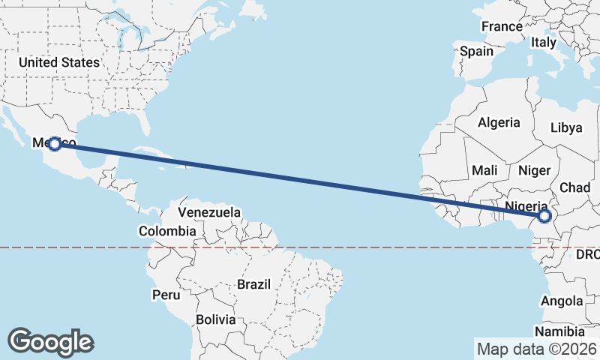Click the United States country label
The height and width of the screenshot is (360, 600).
58,63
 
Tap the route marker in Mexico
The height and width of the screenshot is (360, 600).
54,143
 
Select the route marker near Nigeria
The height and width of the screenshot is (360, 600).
544,217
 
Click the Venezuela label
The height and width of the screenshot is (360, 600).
209,212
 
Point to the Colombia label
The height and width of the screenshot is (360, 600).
166,231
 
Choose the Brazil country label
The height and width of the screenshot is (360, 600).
253,285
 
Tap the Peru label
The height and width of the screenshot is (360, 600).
166,295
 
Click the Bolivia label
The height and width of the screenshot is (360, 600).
215,319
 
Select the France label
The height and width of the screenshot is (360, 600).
502,27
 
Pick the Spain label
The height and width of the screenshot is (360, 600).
476,52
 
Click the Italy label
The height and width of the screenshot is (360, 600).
544,43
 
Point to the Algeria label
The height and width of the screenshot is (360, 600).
499,122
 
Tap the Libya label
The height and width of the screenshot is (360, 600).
565,127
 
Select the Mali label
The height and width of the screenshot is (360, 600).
484,170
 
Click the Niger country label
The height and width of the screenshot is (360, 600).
534,170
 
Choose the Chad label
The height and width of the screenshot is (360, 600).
575,187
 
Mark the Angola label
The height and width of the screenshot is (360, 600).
562,301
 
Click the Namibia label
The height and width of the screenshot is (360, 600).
560,331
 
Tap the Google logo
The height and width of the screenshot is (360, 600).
50,342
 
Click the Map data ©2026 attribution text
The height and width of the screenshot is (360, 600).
536,349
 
